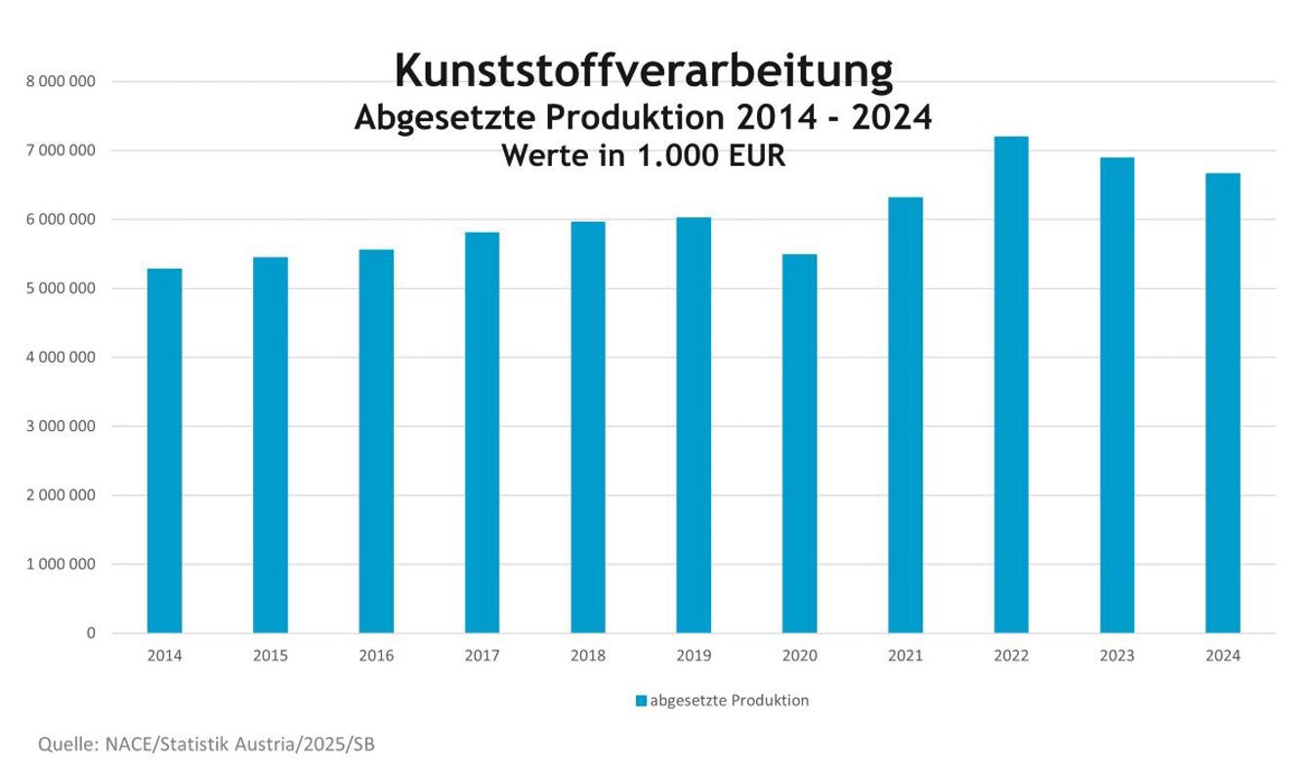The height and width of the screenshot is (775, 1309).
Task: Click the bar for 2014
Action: click(x=164, y=451)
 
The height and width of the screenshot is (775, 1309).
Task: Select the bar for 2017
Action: click(x=482, y=432)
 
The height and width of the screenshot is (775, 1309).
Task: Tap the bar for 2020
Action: click(x=799, y=444)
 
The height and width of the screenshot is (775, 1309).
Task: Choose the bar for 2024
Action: click(x=1222, y=403)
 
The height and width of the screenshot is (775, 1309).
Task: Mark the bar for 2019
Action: click(x=694, y=425)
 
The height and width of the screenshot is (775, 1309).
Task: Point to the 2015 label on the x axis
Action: click(x=271, y=656)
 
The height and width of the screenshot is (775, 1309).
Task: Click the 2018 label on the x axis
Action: click(x=588, y=656)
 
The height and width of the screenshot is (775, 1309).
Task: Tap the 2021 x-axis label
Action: click(x=906, y=656)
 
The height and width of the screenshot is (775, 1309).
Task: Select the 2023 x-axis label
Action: click(x=1117, y=656)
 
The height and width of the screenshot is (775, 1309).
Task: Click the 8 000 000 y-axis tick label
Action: click(x=61, y=82)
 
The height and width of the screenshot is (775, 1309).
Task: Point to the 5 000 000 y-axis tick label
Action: click(x=61, y=288)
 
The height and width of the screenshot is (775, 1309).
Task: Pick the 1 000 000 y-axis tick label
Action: click(x=61, y=564)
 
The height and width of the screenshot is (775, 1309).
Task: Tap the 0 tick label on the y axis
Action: click(x=91, y=633)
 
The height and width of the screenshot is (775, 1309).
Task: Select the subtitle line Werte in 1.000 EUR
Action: click(x=643, y=154)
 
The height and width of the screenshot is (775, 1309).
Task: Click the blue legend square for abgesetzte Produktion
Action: click(x=641, y=701)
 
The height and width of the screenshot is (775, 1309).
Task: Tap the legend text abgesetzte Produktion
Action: click(x=729, y=701)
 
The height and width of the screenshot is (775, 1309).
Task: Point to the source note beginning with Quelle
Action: click(x=206, y=745)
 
